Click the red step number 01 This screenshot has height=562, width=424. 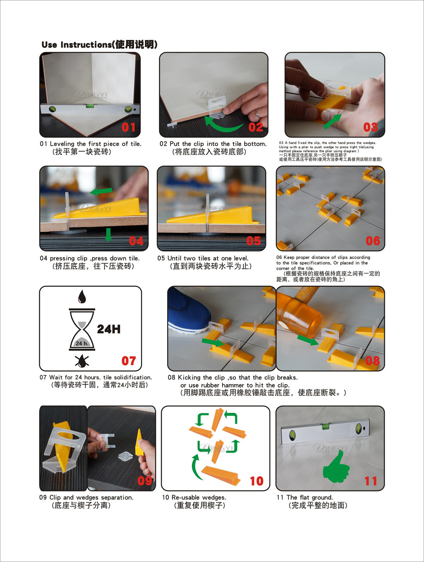pos(128,127)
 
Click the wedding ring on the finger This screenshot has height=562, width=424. pos(258,113)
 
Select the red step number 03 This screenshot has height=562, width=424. pos(370,127)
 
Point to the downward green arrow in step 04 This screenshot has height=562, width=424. pos(108,235)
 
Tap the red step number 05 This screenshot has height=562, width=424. pos(253,241)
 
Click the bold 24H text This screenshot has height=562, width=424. pos(109,329)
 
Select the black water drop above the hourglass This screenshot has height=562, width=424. pos(82,296)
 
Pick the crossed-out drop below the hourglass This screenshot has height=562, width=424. pos(82,361)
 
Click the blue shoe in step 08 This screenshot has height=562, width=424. pos(188,311)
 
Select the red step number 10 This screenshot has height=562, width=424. pos(257,481)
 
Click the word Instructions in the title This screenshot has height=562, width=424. pos(86,45)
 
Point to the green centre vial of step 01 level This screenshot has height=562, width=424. pos(90,105)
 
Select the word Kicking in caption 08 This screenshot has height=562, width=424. pos(189,378)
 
